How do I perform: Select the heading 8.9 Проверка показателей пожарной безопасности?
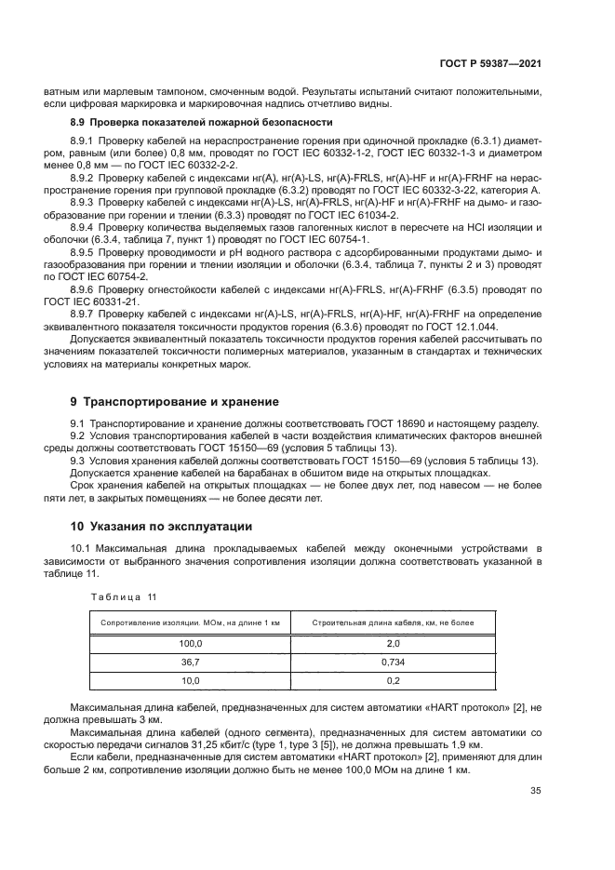coord(202,122)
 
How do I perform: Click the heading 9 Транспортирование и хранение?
coord(176,401)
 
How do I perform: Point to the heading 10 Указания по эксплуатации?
coord(162,525)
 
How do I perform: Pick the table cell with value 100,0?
coord(190,643)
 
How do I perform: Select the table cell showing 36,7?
coord(190,662)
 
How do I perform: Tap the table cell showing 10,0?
coord(190,680)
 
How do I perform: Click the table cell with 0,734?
coord(393,662)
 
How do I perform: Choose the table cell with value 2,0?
coord(393,643)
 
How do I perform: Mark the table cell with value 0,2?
coord(393,680)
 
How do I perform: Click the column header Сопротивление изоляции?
coord(190,622)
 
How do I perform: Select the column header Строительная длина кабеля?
coord(393,622)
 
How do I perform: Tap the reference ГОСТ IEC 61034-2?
coord(347,214)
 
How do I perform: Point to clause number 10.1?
coord(83,548)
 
